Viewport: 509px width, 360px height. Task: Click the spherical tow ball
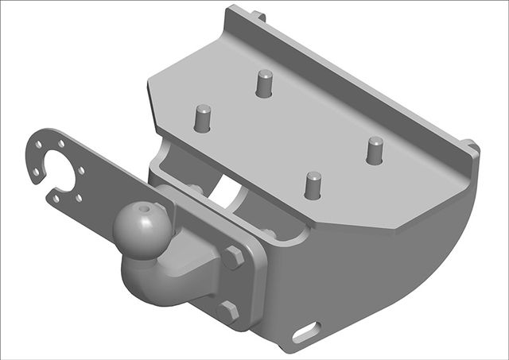pyautogui.click(x=141, y=225)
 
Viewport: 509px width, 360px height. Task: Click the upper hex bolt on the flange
pyautogui.click(x=234, y=257)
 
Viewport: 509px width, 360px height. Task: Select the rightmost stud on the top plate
pyautogui.click(x=375, y=149)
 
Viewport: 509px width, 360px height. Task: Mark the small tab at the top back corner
pyautogui.click(x=258, y=14)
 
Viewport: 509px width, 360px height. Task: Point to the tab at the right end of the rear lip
pyautogui.click(x=472, y=146)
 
